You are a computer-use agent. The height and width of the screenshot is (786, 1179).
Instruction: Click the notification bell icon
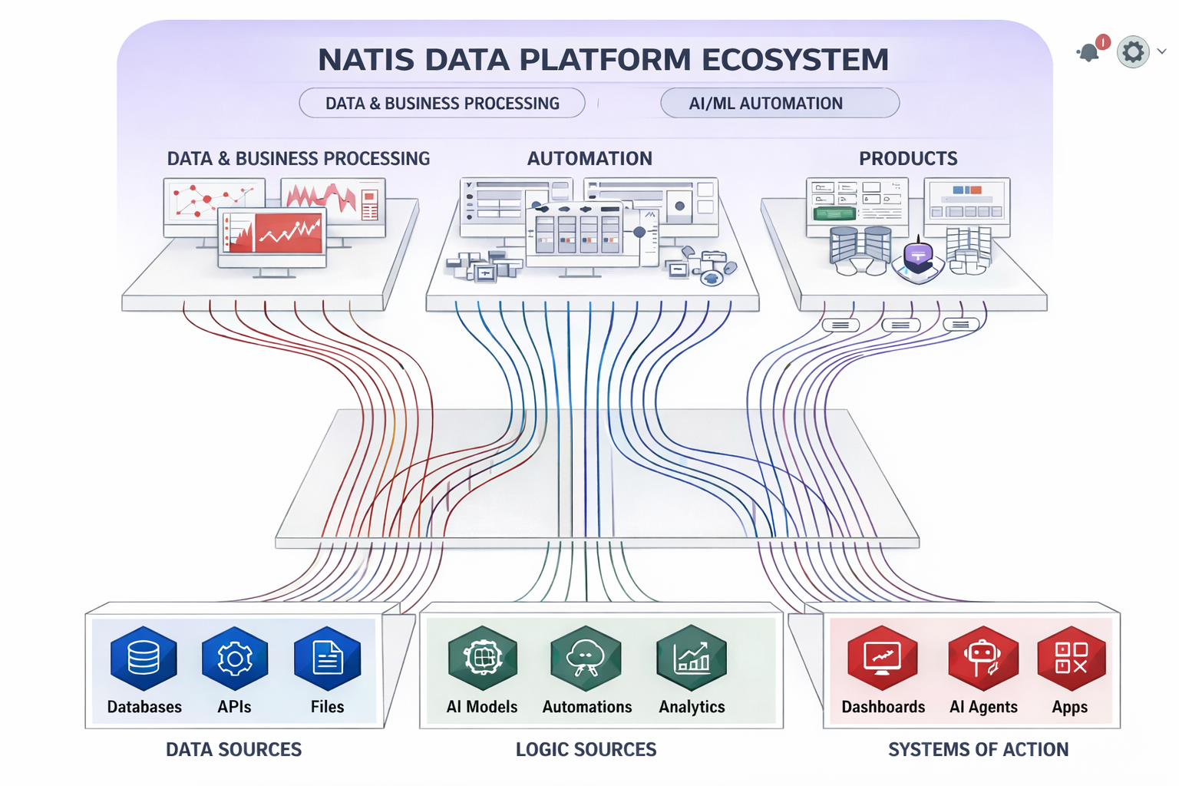1088,52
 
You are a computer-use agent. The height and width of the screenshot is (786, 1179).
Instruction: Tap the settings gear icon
1133,52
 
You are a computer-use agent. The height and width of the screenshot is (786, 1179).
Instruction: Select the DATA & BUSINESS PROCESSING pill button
442,103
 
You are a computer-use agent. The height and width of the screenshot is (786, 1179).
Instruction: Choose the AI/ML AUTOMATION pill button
779,103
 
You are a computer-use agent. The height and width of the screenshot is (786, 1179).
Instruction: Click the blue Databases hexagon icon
144,659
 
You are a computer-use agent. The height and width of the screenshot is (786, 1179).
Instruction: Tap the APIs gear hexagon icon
235,659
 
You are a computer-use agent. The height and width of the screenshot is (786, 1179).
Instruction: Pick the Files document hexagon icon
328,659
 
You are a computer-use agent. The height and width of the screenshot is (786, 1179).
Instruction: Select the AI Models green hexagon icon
483,659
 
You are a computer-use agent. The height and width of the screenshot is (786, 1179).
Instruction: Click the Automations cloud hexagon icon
586,659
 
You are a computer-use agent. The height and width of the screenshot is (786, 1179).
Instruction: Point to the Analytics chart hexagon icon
692,659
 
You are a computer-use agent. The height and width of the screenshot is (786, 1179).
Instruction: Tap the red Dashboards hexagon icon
883,659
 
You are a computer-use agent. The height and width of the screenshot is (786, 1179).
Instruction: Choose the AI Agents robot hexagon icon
983,659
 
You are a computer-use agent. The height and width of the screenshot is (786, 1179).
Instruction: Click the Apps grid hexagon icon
1071,659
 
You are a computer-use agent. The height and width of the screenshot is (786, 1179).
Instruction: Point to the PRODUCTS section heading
908,158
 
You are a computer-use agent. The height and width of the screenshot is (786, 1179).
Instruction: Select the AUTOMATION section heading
589,158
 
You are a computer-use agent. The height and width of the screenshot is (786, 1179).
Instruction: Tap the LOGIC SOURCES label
586,749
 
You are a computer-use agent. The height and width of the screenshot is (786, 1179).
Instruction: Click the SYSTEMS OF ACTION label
978,749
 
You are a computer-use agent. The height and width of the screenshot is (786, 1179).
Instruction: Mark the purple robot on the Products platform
918,257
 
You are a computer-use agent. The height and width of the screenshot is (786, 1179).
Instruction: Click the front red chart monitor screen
273,233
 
